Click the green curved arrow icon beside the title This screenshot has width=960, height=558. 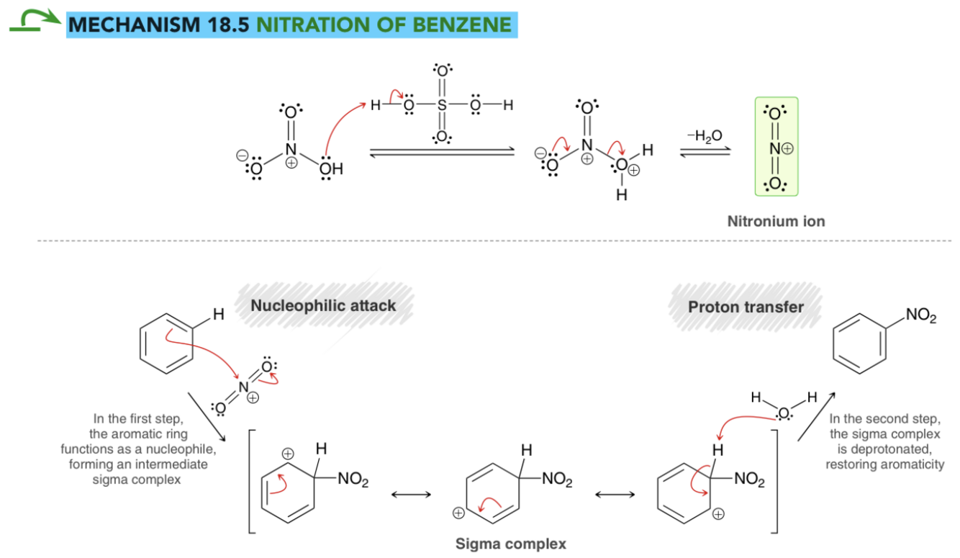coord(35,20)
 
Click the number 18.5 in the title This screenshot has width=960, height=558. coord(227,25)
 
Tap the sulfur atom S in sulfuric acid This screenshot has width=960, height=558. coord(442,104)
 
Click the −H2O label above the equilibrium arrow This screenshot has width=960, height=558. coord(705,136)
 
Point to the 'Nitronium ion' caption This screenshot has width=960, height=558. coord(776,221)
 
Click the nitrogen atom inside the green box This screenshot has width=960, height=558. coord(774,149)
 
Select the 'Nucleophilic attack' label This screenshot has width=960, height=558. coord(323,305)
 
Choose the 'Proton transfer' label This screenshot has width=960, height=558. coord(746,307)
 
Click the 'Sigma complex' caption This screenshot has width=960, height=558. coord(510,544)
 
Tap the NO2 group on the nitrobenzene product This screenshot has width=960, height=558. coord(921,315)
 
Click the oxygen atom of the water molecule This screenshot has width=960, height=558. coord(784,413)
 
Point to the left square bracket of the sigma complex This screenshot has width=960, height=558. coord(252,482)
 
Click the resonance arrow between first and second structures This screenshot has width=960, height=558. coord(411,495)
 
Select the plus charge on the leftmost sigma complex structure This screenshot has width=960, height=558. coord(288,454)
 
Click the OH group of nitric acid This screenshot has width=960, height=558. coord(331,169)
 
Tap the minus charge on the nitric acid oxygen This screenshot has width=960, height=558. coord(242,156)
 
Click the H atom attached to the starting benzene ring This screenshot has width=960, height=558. coord(219,315)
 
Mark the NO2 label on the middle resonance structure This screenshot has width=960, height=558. coord(557,479)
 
